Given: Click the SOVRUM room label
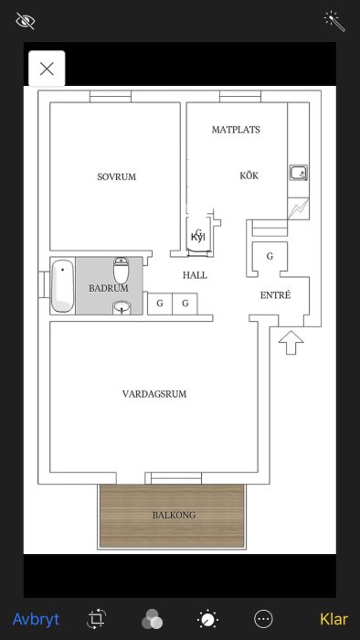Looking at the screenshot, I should click(116, 176).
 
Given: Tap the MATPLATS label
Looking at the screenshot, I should click(236, 130).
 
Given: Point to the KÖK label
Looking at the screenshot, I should click(249, 175).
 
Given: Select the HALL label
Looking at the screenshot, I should click(195, 274).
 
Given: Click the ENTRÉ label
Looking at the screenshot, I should click(275, 295).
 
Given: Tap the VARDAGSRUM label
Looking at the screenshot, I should click(154, 394).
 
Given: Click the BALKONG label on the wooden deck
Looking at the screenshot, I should click(174, 516).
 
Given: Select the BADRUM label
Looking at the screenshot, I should click(109, 288).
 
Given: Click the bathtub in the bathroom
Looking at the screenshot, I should click(62, 285).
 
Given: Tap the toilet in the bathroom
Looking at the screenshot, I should click(122, 271).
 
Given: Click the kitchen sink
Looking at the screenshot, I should click(298, 172).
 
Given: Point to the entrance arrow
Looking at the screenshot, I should click(290, 342).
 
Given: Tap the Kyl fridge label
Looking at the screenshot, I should click(197, 238).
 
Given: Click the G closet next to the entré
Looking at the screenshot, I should click(270, 256).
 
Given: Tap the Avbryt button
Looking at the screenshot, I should click(36, 619).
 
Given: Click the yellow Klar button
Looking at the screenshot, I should click(334, 619).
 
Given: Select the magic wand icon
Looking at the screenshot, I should click(334, 20).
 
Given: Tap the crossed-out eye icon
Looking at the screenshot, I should click(26, 20).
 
